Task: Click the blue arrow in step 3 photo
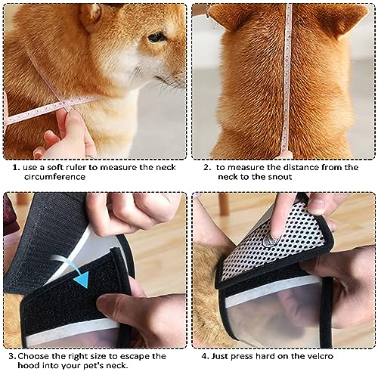[81, 279]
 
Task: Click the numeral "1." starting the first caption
[16, 166]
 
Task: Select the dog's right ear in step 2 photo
[347, 19]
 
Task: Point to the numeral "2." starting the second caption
[206, 166]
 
